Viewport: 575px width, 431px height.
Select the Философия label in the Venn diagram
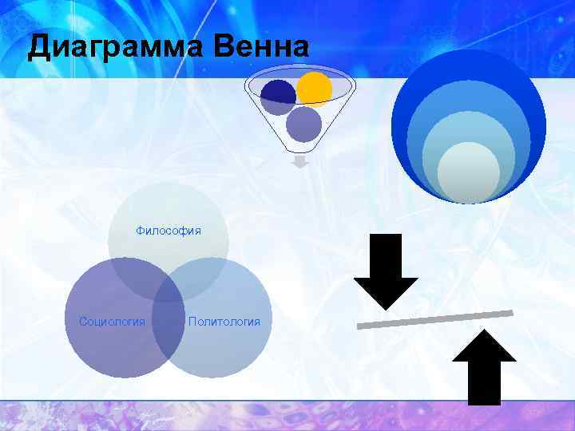[169, 231]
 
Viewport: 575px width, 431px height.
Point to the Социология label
[112, 322]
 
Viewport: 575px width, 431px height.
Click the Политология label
[224, 322]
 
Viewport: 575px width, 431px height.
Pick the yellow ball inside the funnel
[314, 89]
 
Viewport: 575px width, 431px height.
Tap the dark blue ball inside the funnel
[277, 96]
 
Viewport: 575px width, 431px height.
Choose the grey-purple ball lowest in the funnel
[303, 124]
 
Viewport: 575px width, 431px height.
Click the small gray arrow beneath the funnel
[299, 163]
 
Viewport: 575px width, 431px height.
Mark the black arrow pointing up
[484, 367]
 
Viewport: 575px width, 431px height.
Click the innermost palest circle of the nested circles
[469, 172]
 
